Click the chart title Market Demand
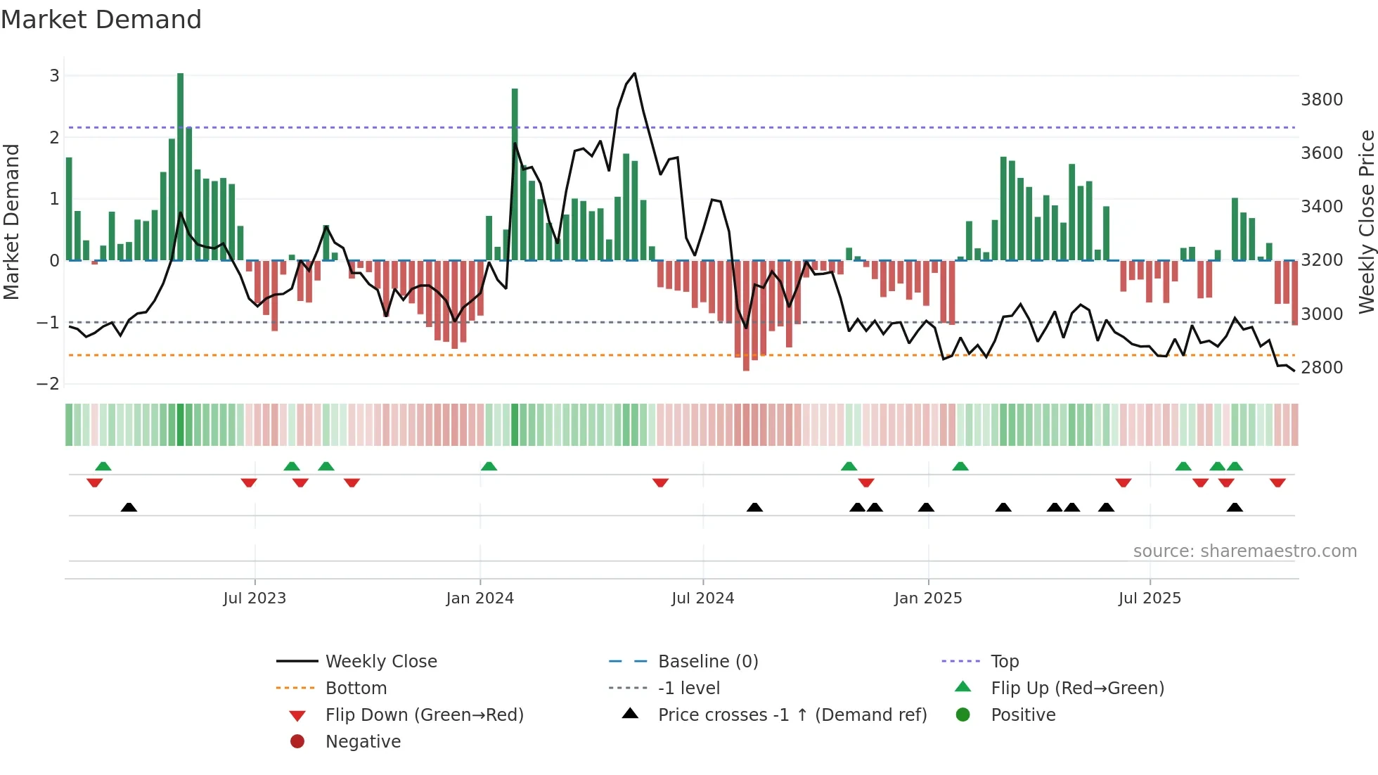click(101, 20)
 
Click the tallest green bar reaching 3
click(181, 166)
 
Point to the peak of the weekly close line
click(635, 73)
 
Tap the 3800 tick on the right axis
click(1321, 100)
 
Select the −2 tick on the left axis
click(49, 384)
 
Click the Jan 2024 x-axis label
click(479, 598)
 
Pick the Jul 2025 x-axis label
click(1150, 598)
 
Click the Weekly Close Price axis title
click(1366, 222)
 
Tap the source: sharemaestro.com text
click(1244, 551)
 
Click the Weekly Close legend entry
click(380, 662)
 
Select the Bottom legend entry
click(356, 688)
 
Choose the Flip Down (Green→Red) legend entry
click(424, 715)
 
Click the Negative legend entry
click(363, 742)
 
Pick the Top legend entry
click(1004, 662)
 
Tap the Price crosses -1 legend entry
click(792, 715)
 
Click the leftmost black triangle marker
click(129, 507)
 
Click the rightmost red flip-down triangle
click(1277, 482)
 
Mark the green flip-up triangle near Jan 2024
click(489, 466)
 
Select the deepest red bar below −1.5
click(746, 316)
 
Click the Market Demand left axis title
click(11, 222)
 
